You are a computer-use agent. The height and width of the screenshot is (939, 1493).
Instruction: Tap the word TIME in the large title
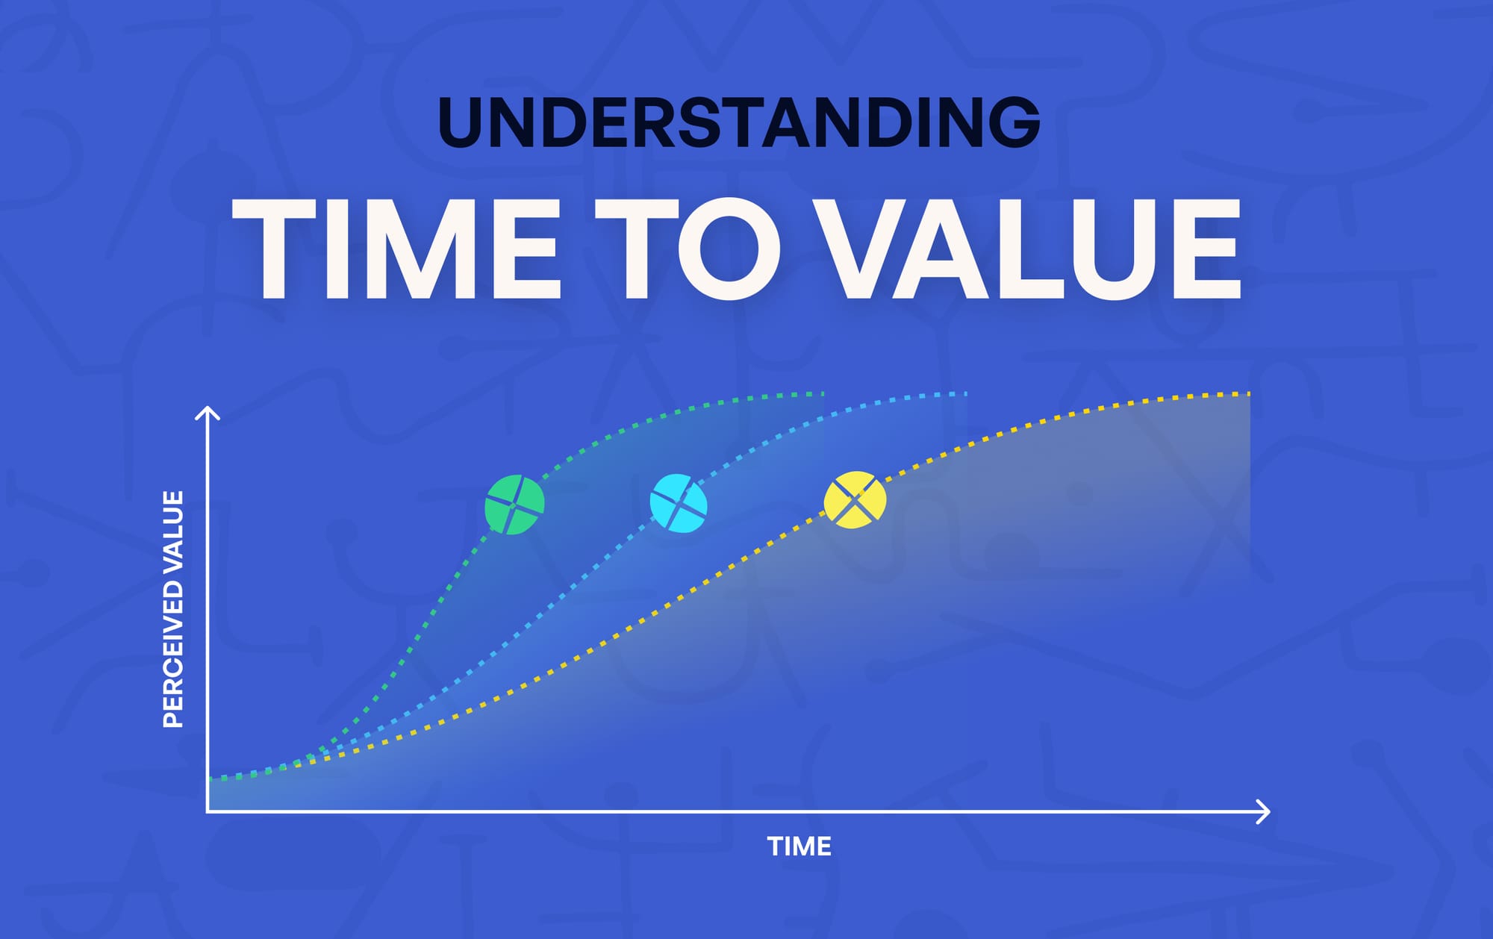(396, 249)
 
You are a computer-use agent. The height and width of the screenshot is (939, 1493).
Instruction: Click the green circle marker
(514, 505)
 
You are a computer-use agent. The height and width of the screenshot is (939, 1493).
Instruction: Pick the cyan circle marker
(679, 503)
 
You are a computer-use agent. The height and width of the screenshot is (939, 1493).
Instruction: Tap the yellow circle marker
(855, 500)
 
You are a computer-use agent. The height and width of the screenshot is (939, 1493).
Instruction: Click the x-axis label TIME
(799, 846)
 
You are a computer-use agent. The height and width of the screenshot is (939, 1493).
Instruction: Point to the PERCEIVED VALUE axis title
(173, 608)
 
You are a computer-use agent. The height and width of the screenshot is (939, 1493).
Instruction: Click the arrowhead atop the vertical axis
(208, 413)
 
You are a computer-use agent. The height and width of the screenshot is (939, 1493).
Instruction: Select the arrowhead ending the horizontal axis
(1263, 811)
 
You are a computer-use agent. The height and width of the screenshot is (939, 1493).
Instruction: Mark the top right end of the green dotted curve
(822, 393)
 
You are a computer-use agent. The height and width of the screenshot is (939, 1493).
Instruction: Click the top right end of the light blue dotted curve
(964, 393)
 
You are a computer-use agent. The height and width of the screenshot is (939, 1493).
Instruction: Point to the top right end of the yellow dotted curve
(1247, 393)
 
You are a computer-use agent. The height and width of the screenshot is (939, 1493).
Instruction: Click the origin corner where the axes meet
(208, 811)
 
